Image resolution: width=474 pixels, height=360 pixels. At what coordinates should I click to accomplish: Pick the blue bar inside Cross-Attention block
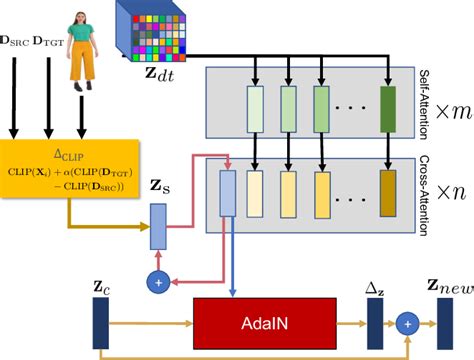[226, 193]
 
